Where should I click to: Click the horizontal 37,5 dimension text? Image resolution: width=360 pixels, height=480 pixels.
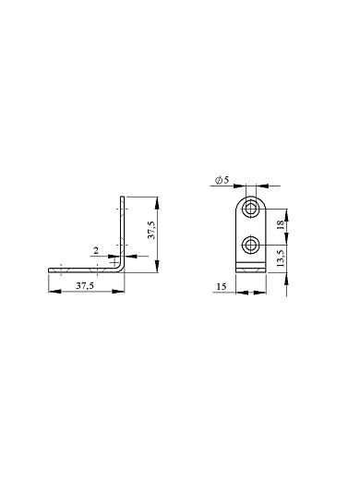click(85, 285)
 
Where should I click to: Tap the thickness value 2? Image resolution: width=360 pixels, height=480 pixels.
click(96, 251)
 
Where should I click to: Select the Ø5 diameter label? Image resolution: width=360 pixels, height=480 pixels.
click(222, 180)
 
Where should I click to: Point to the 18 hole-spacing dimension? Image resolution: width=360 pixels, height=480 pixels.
click(281, 224)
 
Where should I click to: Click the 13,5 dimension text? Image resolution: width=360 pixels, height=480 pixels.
click(281, 258)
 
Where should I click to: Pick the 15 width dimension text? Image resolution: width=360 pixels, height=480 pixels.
click(222, 286)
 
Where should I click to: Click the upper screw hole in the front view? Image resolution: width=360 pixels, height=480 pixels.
click(251, 210)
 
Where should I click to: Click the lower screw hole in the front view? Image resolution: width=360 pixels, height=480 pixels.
click(251, 246)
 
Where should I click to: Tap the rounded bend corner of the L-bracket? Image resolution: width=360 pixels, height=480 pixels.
click(122, 269)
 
